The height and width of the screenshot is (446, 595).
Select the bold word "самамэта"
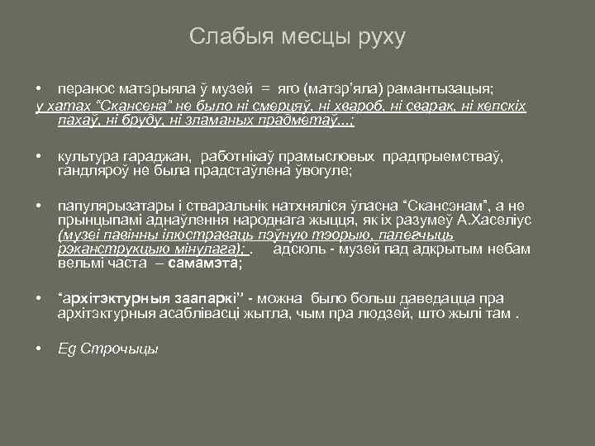[x=203, y=264]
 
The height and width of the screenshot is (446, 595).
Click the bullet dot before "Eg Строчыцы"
[x=39, y=348]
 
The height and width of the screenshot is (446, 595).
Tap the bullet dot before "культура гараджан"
[x=39, y=155]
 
